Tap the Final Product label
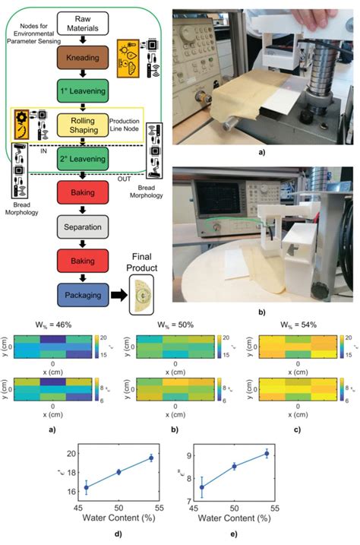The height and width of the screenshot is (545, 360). pyautogui.click(x=149, y=261)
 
